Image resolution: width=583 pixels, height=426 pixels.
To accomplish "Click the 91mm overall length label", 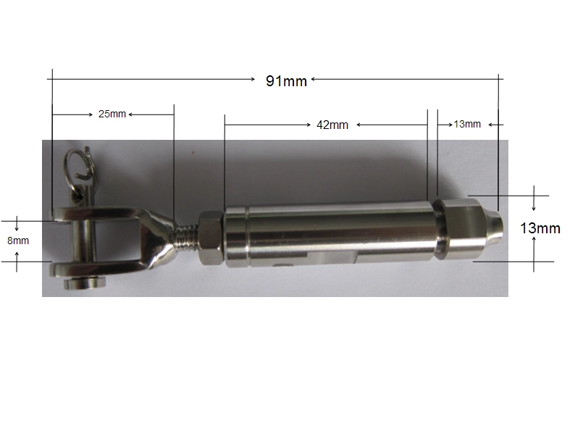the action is [x=286, y=80].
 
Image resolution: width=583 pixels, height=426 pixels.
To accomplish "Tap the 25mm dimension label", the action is [x=112, y=114].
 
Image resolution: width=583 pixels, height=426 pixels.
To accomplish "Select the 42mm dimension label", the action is [x=332, y=125].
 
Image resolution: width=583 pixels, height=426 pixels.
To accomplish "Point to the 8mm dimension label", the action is [x=18, y=241].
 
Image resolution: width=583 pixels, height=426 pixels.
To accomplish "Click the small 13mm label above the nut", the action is [x=467, y=124].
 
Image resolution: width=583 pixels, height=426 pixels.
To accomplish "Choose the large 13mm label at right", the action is [x=540, y=228].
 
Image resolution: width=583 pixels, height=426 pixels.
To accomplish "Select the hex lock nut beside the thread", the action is [x=211, y=238].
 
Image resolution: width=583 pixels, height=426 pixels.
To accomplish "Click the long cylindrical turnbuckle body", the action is [x=330, y=235].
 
